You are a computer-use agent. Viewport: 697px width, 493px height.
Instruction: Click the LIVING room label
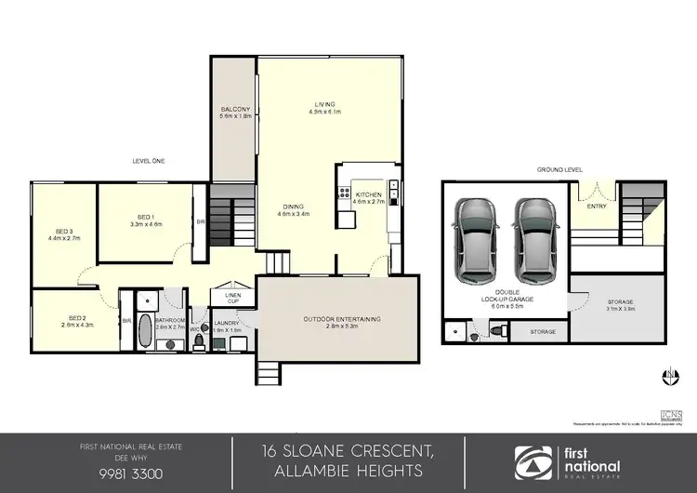tap(324, 103)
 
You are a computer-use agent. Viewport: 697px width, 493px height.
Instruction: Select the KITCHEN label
tap(369, 193)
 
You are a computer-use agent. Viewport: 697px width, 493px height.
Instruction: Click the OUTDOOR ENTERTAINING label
tap(341, 320)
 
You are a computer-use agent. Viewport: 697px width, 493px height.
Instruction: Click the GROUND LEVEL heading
tap(560, 170)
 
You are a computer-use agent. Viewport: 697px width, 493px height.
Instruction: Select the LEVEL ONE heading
tap(148, 161)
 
